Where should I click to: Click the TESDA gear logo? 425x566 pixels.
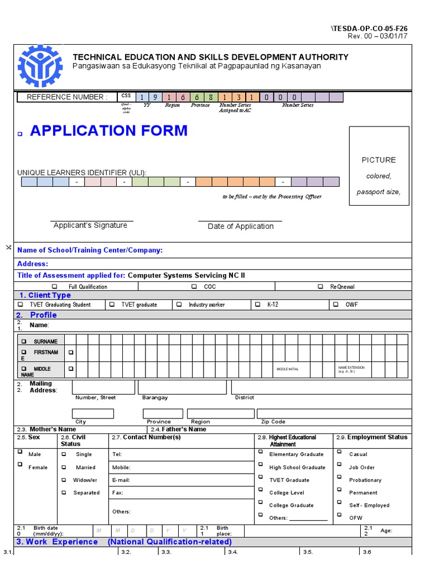click(x=40, y=66)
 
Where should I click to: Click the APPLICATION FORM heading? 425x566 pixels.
click(x=108, y=131)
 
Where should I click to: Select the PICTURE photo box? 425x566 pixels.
click(x=379, y=166)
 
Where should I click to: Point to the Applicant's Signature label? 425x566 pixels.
click(x=90, y=226)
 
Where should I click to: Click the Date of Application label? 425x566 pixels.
click(x=240, y=227)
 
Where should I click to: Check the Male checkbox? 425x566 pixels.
click(x=20, y=452)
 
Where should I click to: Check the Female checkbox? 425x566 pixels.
click(x=20, y=465)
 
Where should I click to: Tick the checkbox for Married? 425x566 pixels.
click(x=64, y=467)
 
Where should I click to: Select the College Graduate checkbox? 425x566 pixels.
click(x=261, y=504)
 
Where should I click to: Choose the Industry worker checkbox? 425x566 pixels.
click(x=179, y=305)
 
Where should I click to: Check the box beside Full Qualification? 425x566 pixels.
click(x=54, y=287)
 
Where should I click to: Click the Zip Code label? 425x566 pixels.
click(x=273, y=422)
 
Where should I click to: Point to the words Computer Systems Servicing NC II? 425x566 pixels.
click(x=186, y=275)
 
